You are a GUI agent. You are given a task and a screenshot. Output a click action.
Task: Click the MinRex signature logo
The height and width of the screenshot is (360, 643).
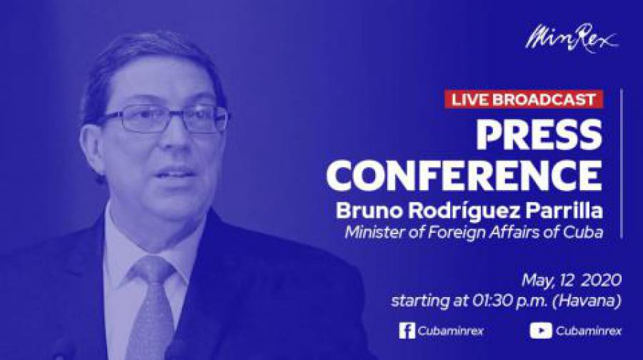click(572, 38)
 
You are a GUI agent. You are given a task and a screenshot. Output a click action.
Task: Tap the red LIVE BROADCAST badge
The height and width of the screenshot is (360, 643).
click(524, 99)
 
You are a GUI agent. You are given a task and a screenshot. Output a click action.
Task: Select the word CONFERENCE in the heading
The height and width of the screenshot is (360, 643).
click(464, 175)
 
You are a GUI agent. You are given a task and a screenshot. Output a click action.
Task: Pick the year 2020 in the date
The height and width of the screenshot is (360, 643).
click(601, 281)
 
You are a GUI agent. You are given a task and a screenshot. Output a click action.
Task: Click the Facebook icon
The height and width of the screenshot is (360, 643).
click(407, 331)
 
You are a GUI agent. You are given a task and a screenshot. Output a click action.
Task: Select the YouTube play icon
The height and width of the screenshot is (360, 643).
click(541, 331)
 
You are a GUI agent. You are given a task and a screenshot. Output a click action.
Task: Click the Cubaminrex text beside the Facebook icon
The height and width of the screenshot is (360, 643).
click(451, 331)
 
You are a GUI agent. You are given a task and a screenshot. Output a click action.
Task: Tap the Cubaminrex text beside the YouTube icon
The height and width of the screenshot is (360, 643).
click(589, 331)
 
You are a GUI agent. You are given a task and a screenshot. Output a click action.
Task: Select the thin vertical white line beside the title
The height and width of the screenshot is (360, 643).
click(622, 163)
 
